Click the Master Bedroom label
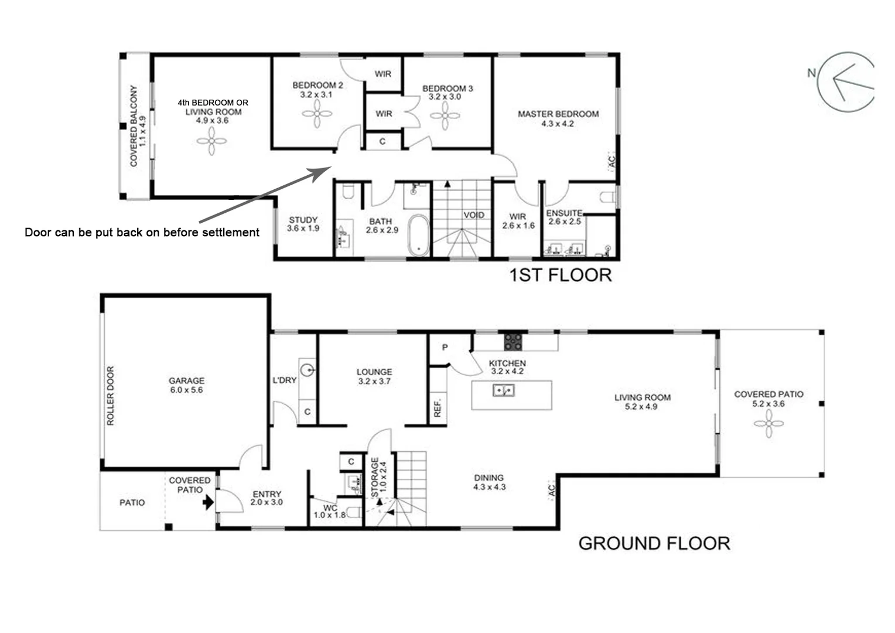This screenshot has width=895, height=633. pos(558,114)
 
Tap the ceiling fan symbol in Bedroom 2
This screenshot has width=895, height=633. pos(317,114)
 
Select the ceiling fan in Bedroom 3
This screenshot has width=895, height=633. pos(445,115)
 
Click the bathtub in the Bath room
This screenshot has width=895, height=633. pos(418,235)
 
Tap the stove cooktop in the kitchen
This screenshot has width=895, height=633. pos(514,341)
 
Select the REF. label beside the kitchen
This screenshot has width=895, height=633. pos(438,408)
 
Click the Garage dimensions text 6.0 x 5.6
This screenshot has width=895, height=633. pos(187,390)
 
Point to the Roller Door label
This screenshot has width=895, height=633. pos(111,396)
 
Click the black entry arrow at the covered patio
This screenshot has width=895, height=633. pos(208,502)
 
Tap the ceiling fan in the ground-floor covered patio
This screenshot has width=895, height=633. pos(768,423)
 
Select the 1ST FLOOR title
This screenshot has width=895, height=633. pos(561,275)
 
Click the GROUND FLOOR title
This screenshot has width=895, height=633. pos(654,543)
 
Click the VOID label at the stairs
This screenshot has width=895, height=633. pos(474,215)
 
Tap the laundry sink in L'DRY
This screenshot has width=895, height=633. pos(308,370)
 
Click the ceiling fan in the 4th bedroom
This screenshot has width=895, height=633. pos(211,141)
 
